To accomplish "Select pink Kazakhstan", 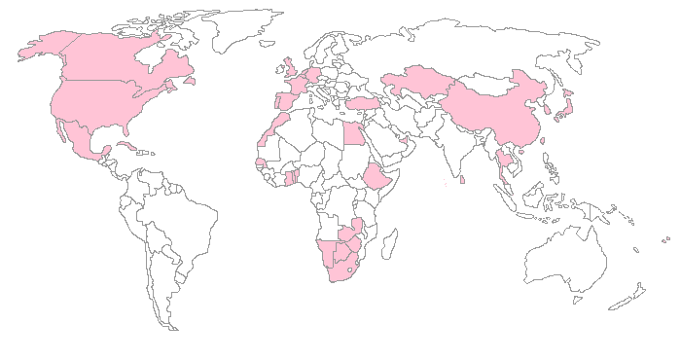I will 418,83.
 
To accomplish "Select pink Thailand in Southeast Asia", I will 504,156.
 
